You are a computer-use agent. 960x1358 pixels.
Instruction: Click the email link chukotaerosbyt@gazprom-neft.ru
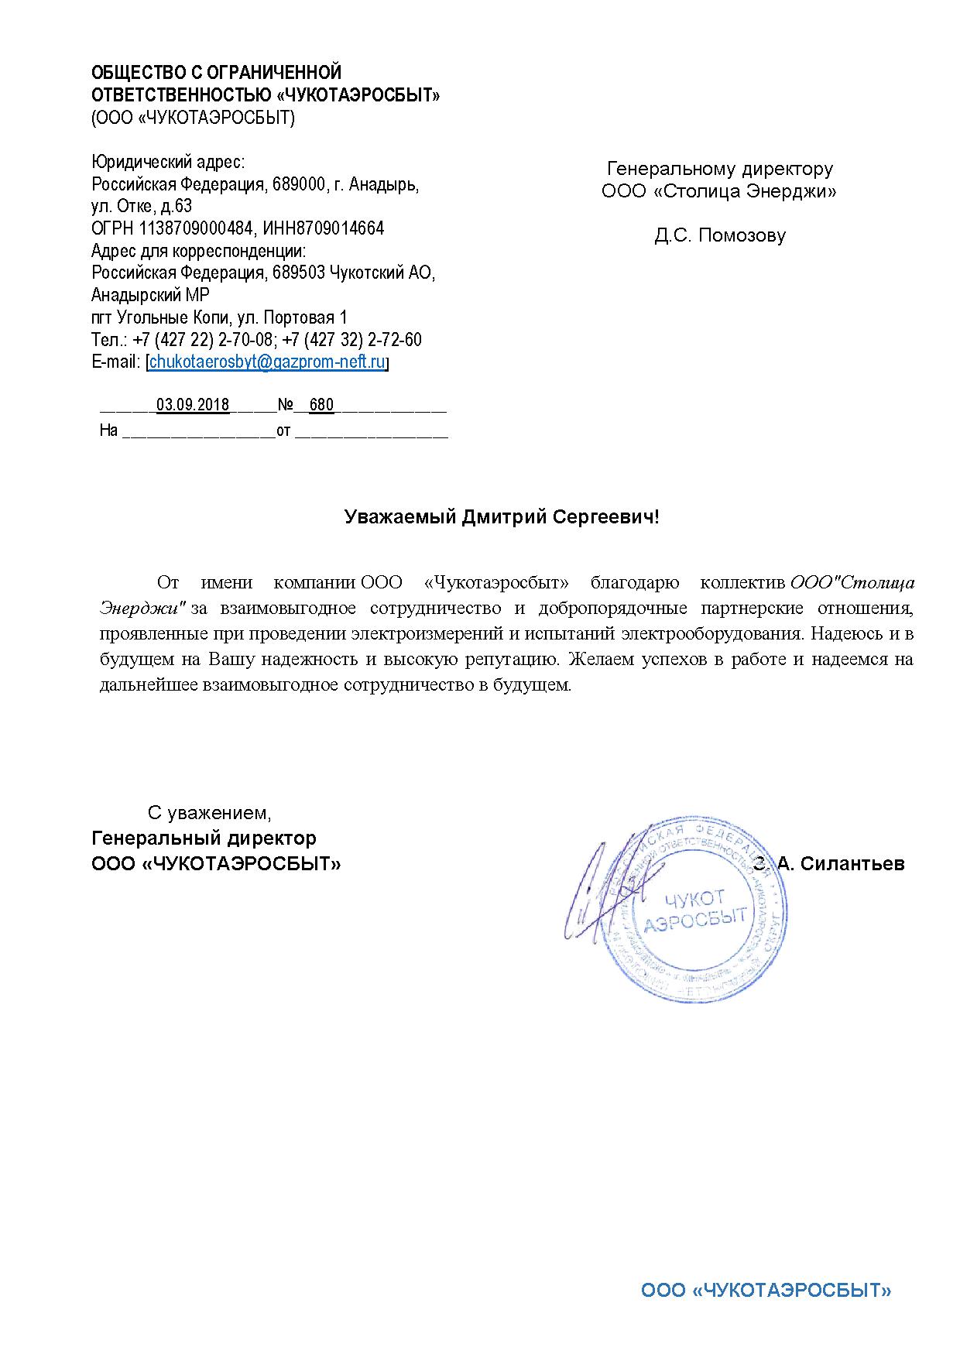267,362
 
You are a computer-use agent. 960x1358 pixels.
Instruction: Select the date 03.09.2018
193,405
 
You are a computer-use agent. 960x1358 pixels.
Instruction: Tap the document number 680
321,405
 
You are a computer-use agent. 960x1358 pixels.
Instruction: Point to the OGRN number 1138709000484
197,228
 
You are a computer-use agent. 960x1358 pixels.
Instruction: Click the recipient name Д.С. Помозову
719,235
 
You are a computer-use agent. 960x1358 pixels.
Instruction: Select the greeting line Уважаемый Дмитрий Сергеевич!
502,517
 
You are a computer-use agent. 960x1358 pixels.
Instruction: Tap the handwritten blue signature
600,890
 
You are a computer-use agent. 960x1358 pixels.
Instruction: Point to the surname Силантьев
852,864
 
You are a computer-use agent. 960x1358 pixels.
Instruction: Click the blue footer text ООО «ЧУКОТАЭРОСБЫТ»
766,1291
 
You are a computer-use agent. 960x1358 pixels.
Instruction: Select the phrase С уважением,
210,813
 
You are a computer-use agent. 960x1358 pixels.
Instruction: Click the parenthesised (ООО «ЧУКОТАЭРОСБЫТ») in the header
193,118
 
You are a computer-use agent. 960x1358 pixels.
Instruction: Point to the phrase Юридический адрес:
168,163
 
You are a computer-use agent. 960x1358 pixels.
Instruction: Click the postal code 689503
298,273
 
